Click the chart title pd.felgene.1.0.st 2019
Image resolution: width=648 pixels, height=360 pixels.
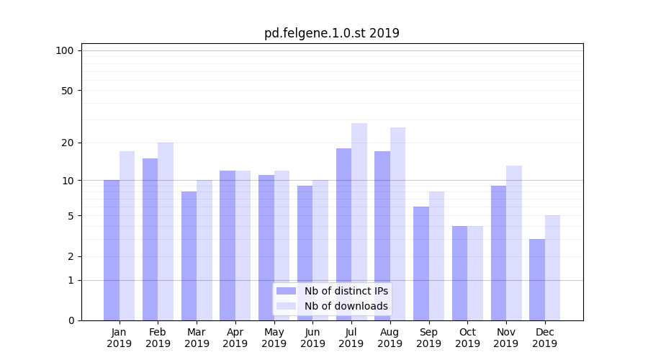point(331,33)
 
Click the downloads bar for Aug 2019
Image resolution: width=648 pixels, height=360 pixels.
point(397,224)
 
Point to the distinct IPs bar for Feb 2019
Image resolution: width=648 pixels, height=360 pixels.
point(150,239)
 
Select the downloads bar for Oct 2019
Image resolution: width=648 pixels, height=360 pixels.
point(475,273)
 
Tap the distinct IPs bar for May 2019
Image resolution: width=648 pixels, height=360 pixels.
point(266,248)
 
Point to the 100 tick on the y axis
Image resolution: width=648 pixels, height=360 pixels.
point(65,50)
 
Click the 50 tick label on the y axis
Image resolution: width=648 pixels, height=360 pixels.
point(67,91)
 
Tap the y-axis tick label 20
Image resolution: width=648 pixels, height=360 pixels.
point(67,143)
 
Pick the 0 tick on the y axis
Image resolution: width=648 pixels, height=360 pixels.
point(70,320)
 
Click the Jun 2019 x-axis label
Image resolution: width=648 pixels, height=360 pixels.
point(312,338)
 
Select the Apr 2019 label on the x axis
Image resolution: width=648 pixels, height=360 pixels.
point(235,338)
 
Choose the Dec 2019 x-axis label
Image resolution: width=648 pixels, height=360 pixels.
point(544,338)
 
